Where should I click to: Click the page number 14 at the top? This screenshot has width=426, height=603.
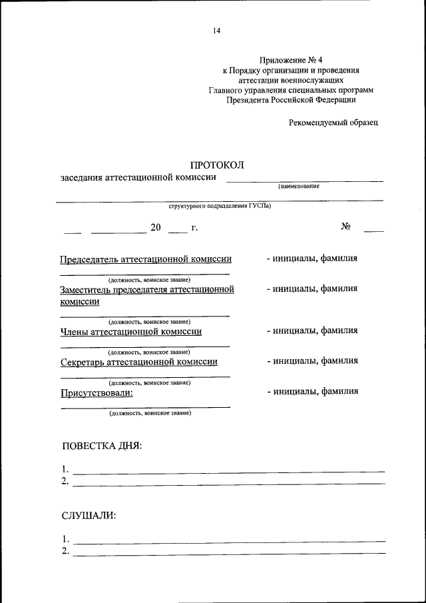pyautogui.click(x=217, y=30)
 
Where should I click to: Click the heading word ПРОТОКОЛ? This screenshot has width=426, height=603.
pyautogui.click(x=218, y=165)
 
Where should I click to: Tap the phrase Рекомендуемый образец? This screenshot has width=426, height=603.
pyautogui.click(x=333, y=122)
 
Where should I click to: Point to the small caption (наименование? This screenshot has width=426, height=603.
pyautogui.click(x=300, y=186)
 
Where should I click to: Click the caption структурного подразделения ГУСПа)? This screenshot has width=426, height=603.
pyautogui.click(x=220, y=207)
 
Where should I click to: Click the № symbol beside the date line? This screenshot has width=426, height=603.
pyautogui.click(x=346, y=227)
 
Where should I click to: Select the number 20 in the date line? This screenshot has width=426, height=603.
pyautogui.click(x=156, y=228)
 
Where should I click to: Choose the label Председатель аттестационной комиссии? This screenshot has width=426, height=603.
pyautogui.click(x=146, y=259)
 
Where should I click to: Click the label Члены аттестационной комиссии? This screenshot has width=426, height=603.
pyautogui.click(x=131, y=331)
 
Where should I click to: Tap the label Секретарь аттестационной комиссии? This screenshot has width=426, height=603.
pyautogui.click(x=139, y=362)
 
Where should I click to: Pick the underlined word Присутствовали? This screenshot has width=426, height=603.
pyautogui.click(x=97, y=392)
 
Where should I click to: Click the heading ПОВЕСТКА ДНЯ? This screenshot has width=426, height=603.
pyautogui.click(x=102, y=446)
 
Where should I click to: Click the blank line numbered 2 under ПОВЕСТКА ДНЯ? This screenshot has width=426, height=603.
pyautogui.click(x=228, y=482)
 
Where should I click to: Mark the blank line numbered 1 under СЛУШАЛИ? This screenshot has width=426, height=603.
pyautogui.click(x=228, y=540)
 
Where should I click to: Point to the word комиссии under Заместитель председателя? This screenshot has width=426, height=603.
pyautogui.click(x=80, y=301)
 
